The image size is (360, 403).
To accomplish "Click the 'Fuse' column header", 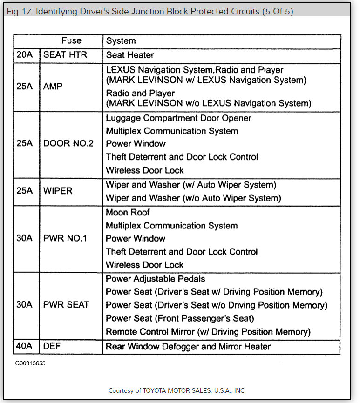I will click(x=71, y=41).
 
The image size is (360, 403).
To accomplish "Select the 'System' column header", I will click(x=121, y=41).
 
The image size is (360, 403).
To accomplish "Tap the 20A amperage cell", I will click(x=25, y=54).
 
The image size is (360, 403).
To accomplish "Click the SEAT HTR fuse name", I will click(x=65, y=54).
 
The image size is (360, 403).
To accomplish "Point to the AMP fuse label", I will click(x=53, y=86).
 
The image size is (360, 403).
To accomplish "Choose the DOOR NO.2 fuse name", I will click(x=68, y=143).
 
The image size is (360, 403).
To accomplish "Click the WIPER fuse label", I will click(x=58, y=191).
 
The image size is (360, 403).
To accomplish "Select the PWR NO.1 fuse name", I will click(x=65, y=238).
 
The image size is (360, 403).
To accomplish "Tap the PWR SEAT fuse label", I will click(x=66, y=305).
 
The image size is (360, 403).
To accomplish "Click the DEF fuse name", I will click(x=52, y=346).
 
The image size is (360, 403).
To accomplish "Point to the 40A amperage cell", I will click(x=25, y=346).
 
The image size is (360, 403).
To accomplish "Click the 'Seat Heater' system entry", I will click(x=130, y=55).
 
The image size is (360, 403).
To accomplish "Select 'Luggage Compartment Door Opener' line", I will click(x=178, y=118).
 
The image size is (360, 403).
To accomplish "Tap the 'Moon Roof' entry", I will click(x=128, y=213).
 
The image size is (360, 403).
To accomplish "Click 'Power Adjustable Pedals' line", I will click(x=156, y=279).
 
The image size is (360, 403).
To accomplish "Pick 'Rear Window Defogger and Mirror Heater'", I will click(x=188, y=347).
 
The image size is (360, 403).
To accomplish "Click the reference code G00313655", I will click(x=30, y=362).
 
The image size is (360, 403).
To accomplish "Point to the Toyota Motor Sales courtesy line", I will click(x=177, y=390).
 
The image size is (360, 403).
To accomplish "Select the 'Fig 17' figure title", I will click(x=150, y=11).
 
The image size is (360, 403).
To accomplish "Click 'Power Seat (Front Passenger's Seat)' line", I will click(x=180, y=319).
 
